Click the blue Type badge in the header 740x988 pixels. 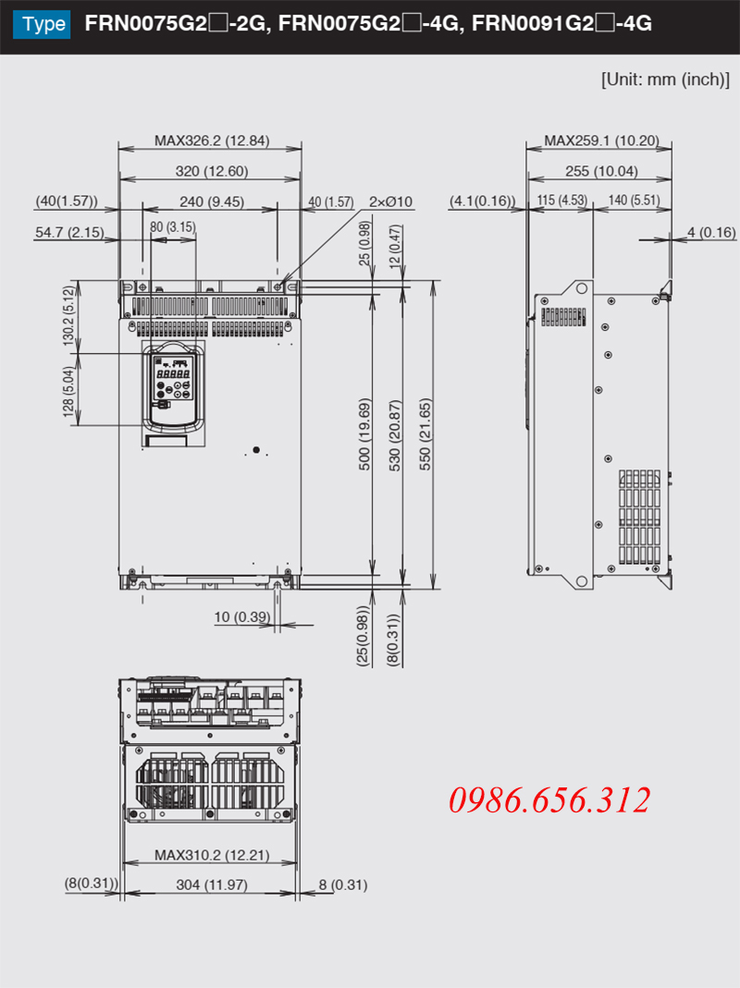(42, 25)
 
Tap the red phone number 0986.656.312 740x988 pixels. (549, 800)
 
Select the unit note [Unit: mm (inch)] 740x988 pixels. (665, 79)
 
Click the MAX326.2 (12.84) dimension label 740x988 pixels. (212, 140)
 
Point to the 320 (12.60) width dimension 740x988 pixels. (212, 171)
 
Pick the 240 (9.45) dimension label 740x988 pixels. (211, 201)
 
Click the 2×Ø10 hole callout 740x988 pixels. (390, 201)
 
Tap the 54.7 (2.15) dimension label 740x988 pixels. (69, 233)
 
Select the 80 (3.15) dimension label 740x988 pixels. (173, 226)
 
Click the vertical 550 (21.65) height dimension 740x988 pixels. (425, 434)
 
